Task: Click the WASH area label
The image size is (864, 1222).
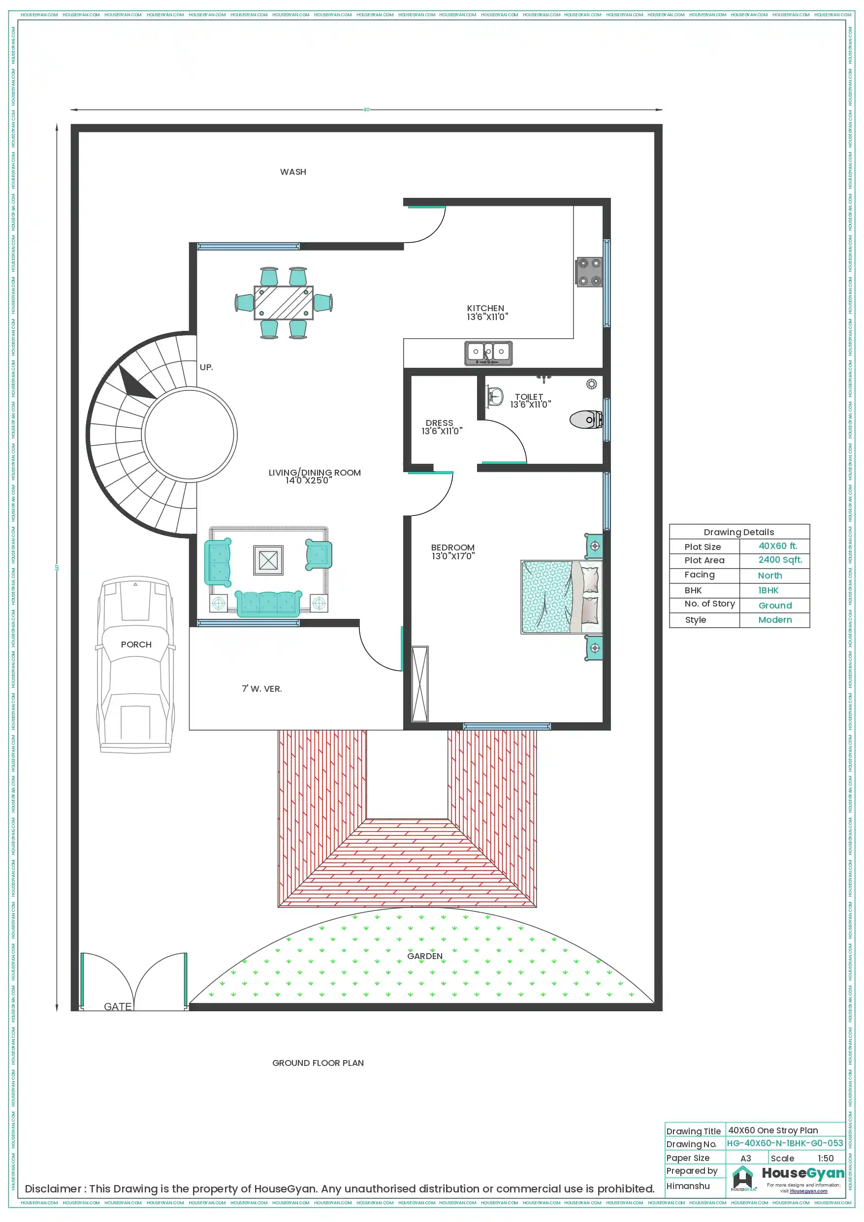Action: tap(293, 172)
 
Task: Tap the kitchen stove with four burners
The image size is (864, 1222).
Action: tap(589, 271)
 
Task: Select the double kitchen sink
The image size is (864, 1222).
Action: tap(488, 353)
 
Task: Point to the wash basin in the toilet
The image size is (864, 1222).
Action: tap(495, 396)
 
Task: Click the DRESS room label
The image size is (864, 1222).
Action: tap(439, 423)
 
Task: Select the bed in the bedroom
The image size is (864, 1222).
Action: tap(561, 597)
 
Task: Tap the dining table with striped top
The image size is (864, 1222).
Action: tap(283, 302)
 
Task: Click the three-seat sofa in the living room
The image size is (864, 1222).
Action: tap(268, 604)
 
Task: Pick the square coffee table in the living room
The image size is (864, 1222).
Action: tap(268, 560)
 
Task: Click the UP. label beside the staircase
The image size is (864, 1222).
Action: tap(206, 367)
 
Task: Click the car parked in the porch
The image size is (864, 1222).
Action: tap(136, 665)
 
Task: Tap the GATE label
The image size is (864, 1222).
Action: tap(118, 1006)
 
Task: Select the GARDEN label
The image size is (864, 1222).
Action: tap(424, 956)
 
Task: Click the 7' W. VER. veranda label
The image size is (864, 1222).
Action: tap(262, 689)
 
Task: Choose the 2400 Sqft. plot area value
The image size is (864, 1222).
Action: tap(779, 560)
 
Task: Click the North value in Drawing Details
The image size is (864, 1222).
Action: tap(769, 576)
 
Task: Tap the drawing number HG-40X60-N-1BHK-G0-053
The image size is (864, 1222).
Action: tap(785, 1143)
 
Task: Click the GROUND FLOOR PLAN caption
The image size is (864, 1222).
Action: tap(318, 1063)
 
